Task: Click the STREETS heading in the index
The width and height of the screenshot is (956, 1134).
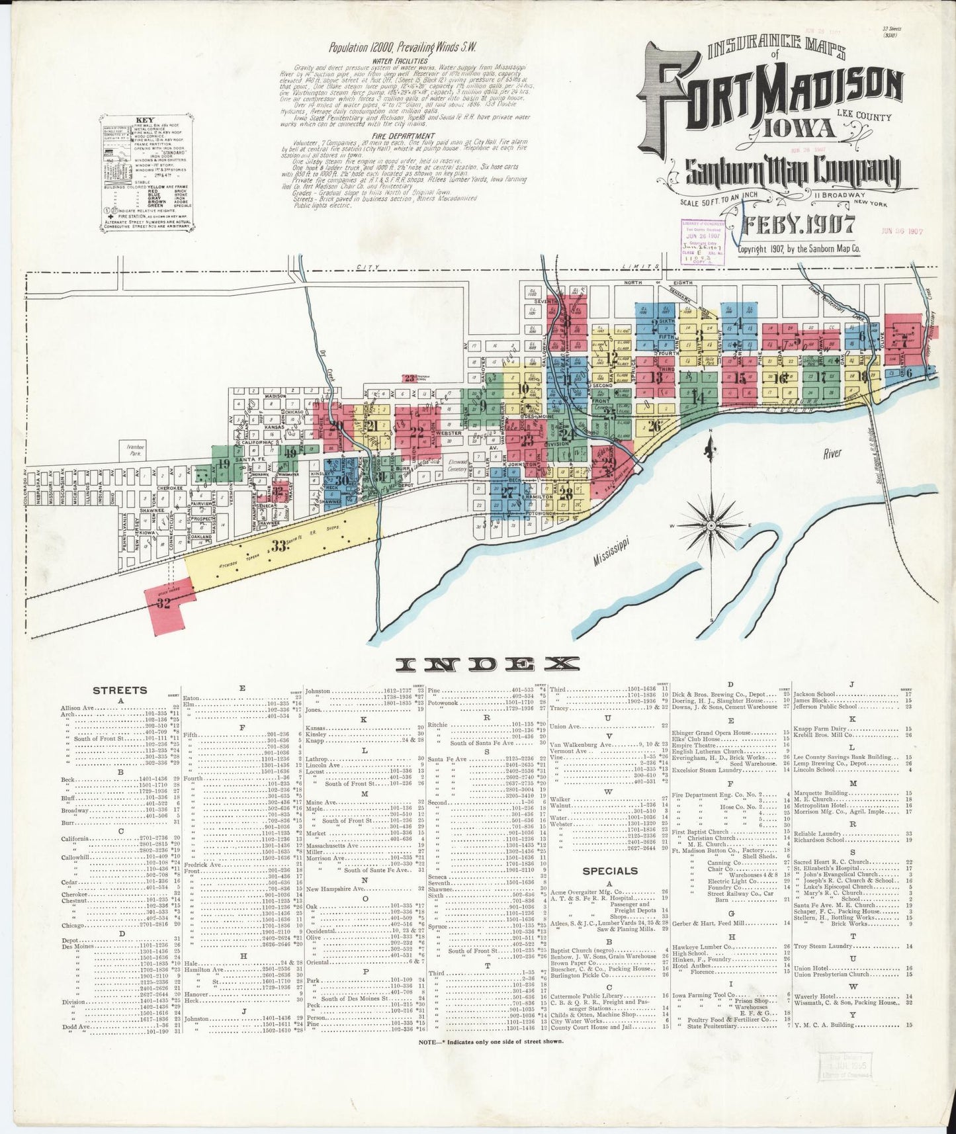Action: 119,690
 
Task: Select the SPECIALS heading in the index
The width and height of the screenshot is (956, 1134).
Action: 610,871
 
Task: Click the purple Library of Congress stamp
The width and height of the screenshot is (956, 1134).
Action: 707,242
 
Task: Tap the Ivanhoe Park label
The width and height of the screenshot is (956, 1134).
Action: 135,451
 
